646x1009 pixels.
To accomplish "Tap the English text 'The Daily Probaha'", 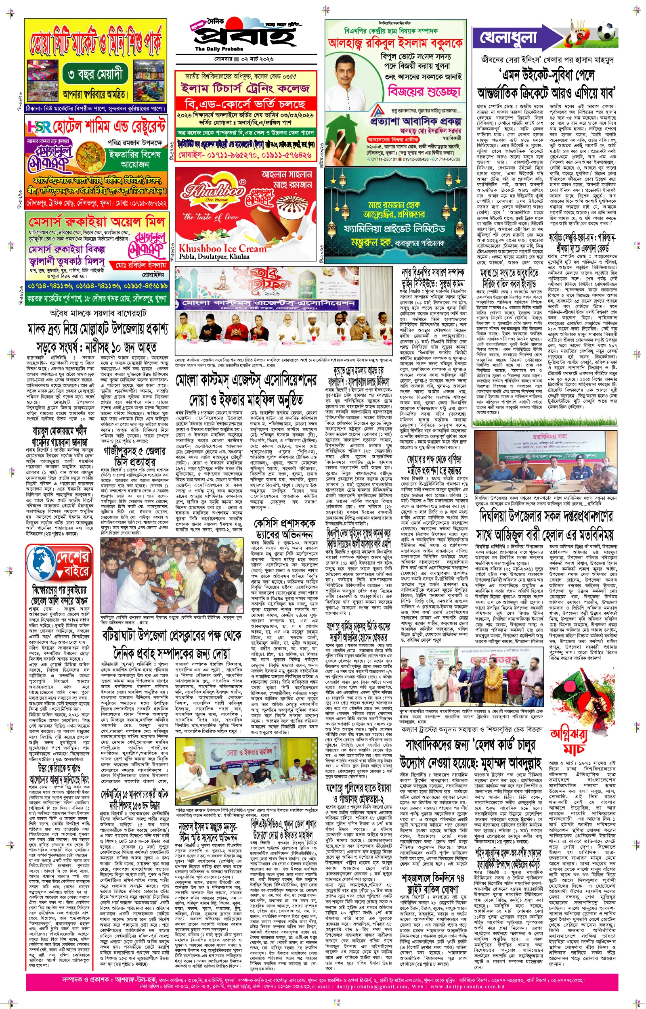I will pos(213,50).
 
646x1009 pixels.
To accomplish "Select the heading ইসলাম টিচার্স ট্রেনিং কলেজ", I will pos(245,88).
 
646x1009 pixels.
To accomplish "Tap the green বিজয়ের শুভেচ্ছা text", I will pos(424,90).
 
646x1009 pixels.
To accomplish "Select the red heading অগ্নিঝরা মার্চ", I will pos(569,739).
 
